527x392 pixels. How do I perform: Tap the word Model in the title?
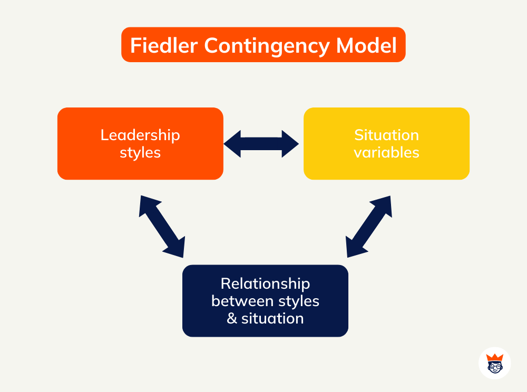click(x=367, y=45)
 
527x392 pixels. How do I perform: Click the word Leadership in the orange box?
click(x=140, y=135)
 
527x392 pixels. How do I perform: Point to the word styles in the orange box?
click(x=140, y=153)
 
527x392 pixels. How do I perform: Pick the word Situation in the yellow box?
click(x=386, y=135)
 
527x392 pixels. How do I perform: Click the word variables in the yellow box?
click(x=386, y=153)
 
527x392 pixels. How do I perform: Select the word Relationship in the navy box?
click(x=265, y=283)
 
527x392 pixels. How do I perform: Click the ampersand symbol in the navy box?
click(x=232, y=319)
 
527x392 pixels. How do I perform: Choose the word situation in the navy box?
click(x=272, y=319)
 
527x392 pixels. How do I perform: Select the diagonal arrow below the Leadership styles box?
click(x=162, y=226)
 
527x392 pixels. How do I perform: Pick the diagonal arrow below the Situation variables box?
click(x=369, y=226)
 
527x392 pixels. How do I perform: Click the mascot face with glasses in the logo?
click(x=494, y=368)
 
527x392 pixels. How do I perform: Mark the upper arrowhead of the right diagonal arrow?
click(x=384, y=204)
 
